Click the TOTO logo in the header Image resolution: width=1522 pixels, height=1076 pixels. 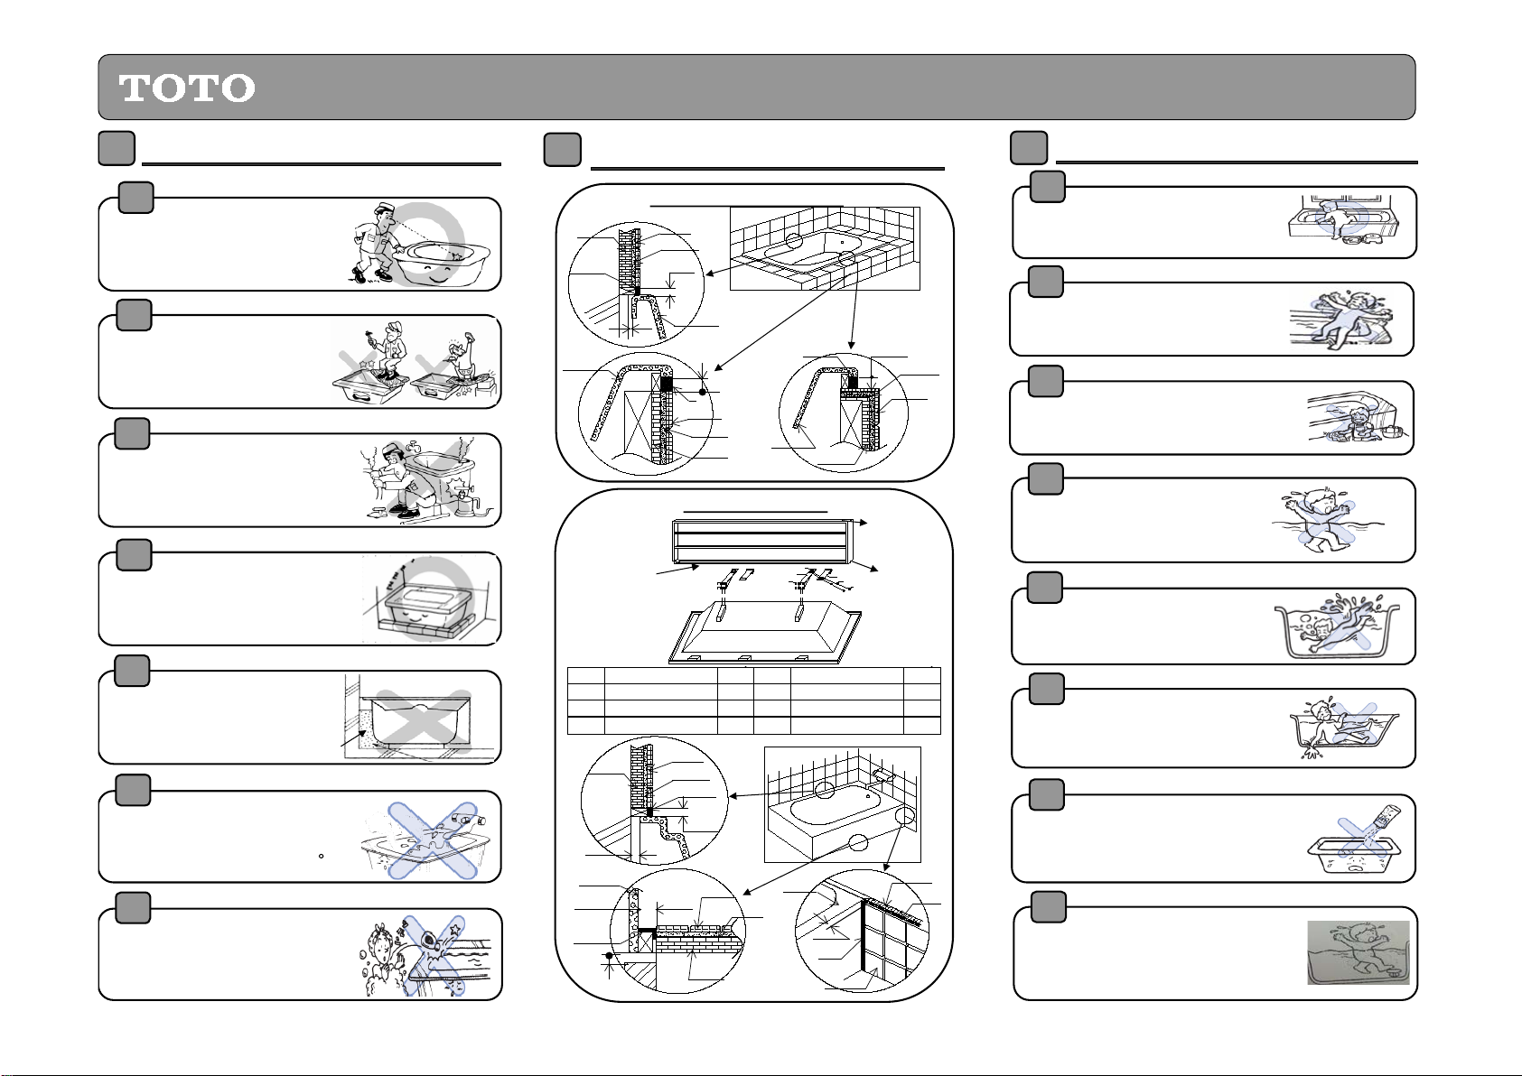tap(187, 88)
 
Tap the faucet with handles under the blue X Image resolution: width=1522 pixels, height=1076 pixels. tap(465, 815)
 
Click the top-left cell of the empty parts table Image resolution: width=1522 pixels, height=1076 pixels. tap(585, 675)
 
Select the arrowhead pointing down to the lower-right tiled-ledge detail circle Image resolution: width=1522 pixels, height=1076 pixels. tap(852, 346)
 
